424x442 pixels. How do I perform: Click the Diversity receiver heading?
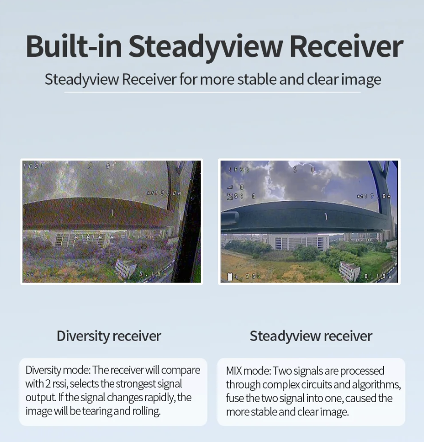click(109, 336)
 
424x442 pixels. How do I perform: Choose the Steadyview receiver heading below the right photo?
click(311, 336)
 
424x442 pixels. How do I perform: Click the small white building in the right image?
click(349, 270)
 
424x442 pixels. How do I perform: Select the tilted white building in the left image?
click(125, 268)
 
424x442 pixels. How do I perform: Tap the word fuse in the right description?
click(235, 398)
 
